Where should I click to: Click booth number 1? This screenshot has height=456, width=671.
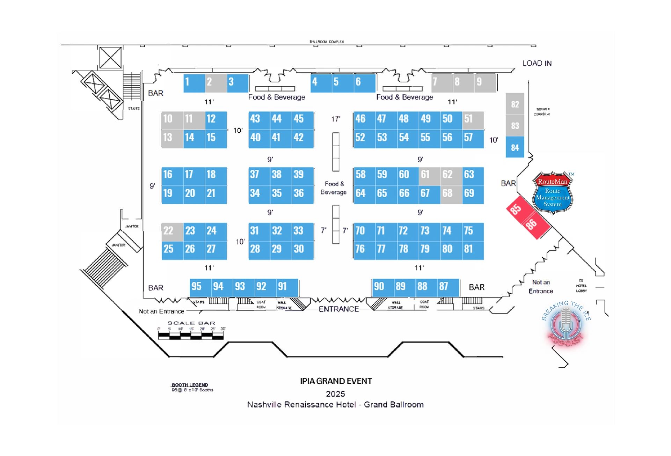coord(194,83)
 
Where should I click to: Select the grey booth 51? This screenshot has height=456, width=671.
coord(473,120)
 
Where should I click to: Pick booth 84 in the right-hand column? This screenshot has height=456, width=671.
coord(515,148)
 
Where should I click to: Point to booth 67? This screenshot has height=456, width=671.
coord(429,194)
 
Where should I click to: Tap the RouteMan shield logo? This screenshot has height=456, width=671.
coord(552,193)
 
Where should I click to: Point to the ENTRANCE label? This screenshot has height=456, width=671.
coord(338,309)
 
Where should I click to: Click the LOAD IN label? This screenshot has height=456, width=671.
coord(537,64)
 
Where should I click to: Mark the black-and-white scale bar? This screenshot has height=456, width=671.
coord(191,336)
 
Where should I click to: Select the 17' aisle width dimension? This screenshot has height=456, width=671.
coord(336,119)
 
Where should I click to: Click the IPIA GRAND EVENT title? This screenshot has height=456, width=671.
coord(336,381)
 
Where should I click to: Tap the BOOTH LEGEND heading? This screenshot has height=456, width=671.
coord(190,385)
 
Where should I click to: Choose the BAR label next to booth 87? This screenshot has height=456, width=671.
coord(476,287)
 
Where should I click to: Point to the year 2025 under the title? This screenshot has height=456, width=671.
coord(335,394)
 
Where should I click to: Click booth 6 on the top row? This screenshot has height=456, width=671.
coord(364,83)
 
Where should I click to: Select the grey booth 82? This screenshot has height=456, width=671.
coord(515,104)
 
